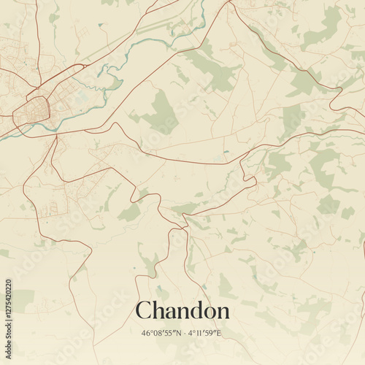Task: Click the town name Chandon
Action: (182, 310)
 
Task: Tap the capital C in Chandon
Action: (144, 310)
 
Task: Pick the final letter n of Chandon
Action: (223, 312)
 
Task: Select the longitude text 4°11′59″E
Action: (204, 334)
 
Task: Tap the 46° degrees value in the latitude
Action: (147, 334)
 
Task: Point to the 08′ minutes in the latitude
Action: (158, 334)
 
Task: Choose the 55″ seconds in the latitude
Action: (169, 334)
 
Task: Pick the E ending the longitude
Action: (218, 334)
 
